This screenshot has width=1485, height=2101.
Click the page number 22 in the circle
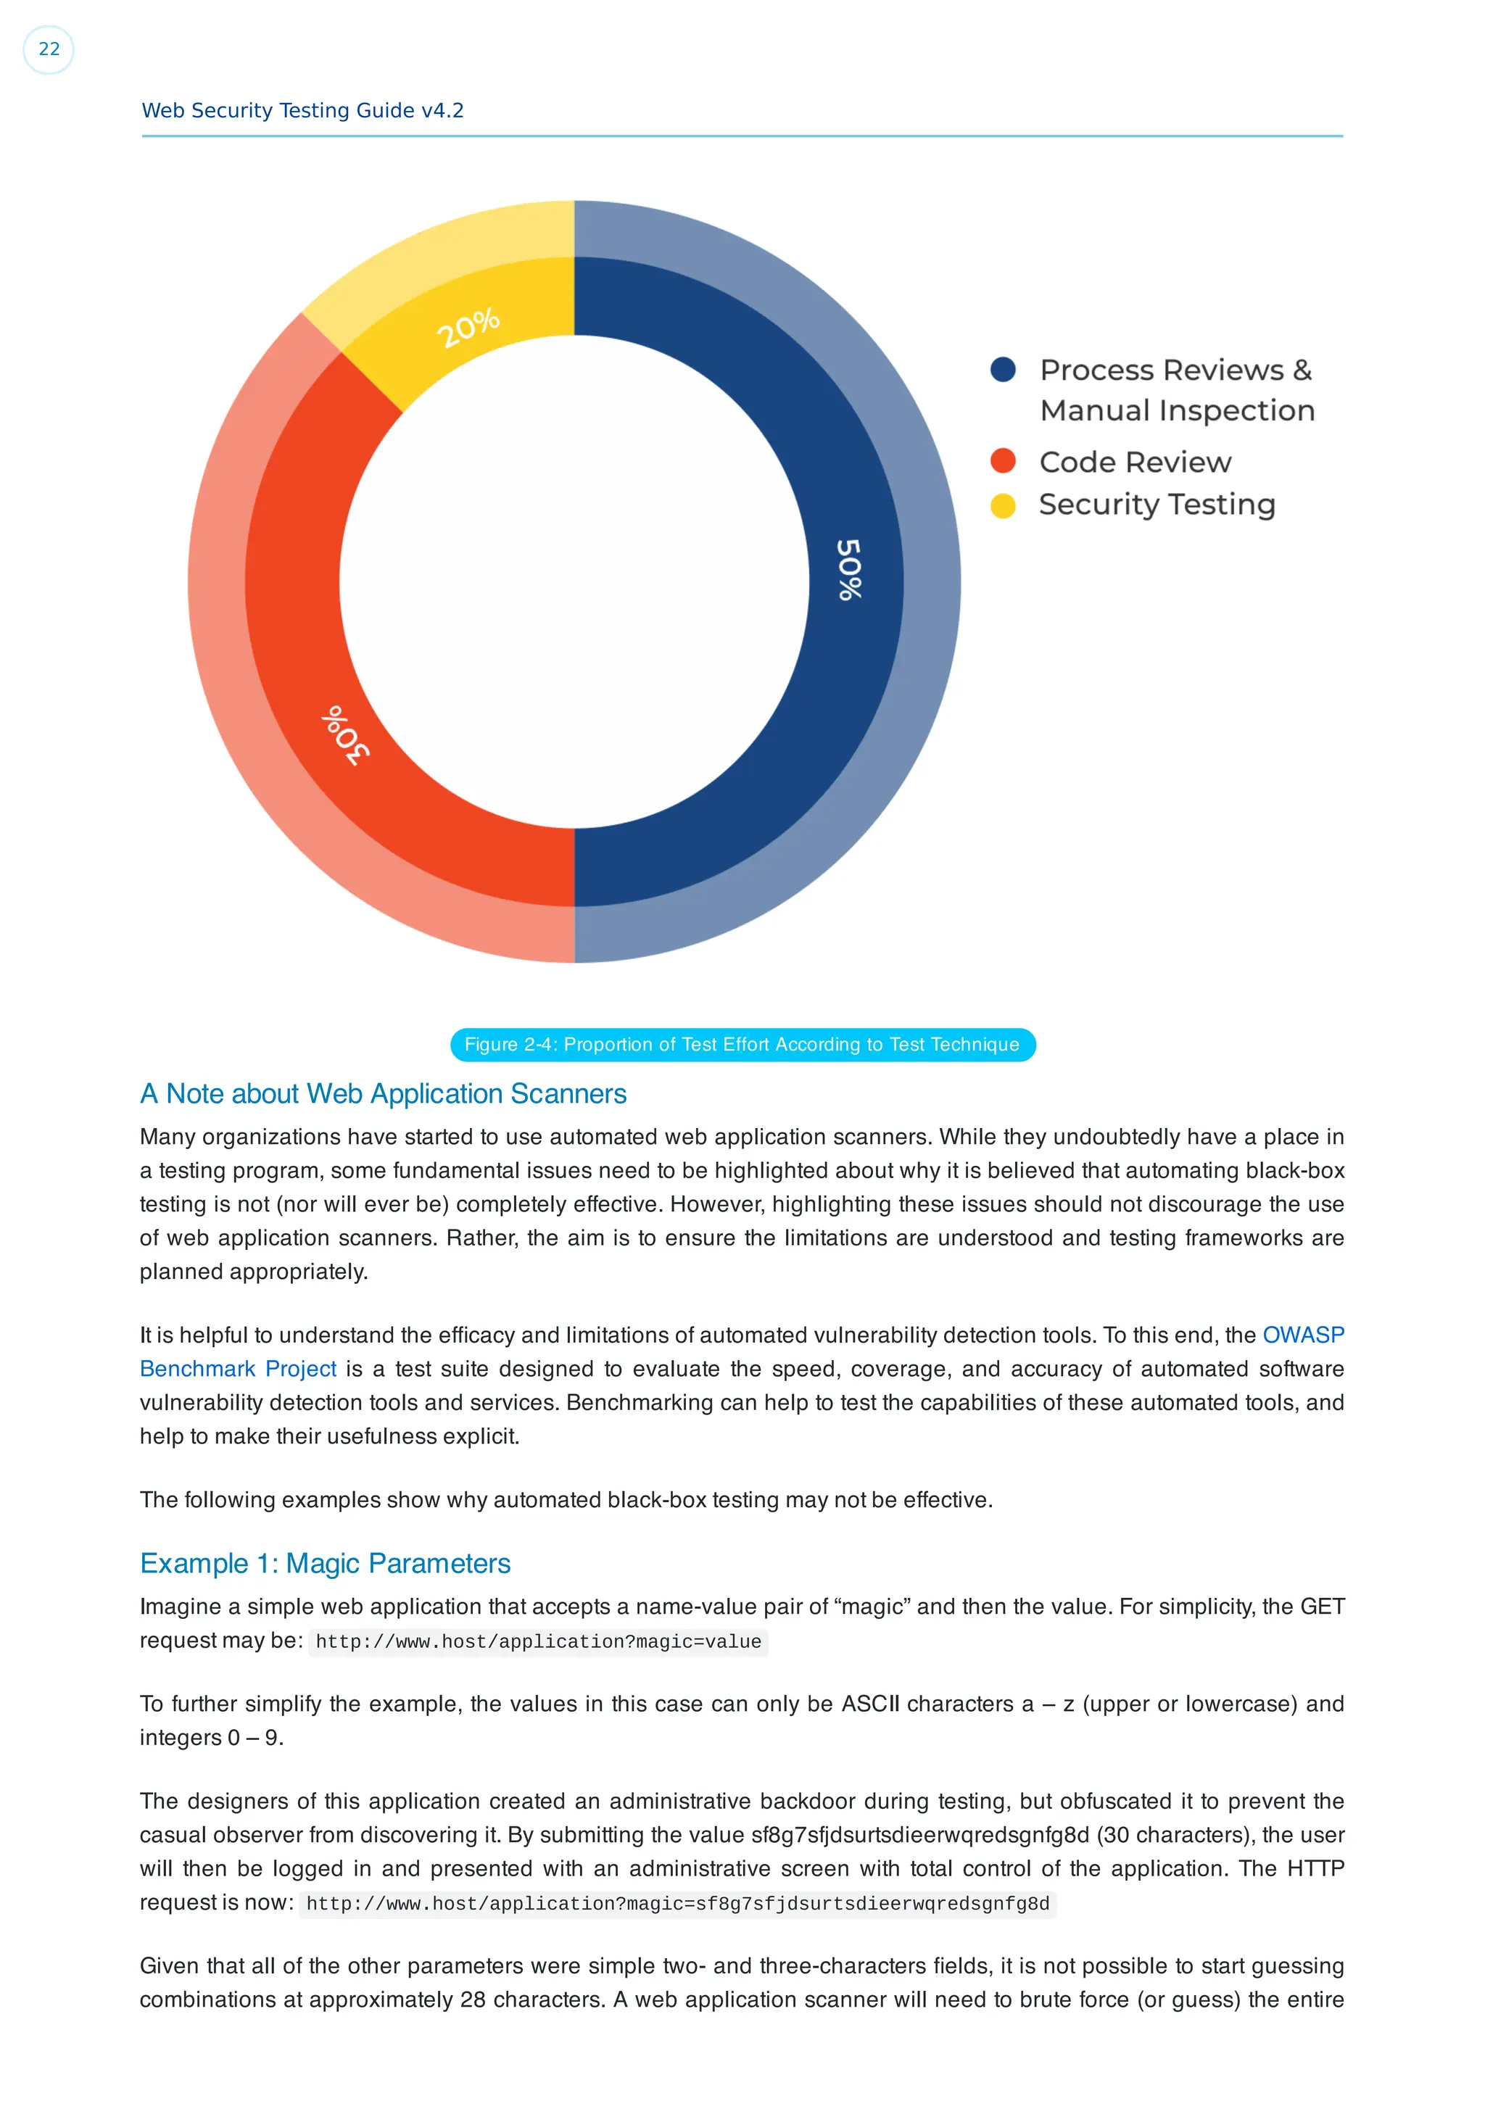tap(49, 49)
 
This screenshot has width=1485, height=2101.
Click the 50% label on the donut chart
tap(849, 569)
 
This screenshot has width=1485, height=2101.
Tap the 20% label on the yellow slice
tap(468, 328)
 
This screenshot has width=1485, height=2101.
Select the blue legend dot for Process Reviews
tap(1003, 370)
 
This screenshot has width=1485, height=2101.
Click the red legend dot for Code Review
tap(1003, 460)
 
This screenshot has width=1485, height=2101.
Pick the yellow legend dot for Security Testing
tap(1003, 505)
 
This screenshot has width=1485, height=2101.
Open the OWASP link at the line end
tap(1302, 1335)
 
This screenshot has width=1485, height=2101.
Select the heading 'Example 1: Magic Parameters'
tap(325, 1563)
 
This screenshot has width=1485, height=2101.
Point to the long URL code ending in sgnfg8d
tap(677, 1905)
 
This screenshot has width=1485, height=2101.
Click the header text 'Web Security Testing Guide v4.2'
tap(303, 111)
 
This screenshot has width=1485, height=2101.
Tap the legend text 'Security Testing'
tap(1157, 505)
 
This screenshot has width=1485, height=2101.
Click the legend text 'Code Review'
tap(1136, 462)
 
